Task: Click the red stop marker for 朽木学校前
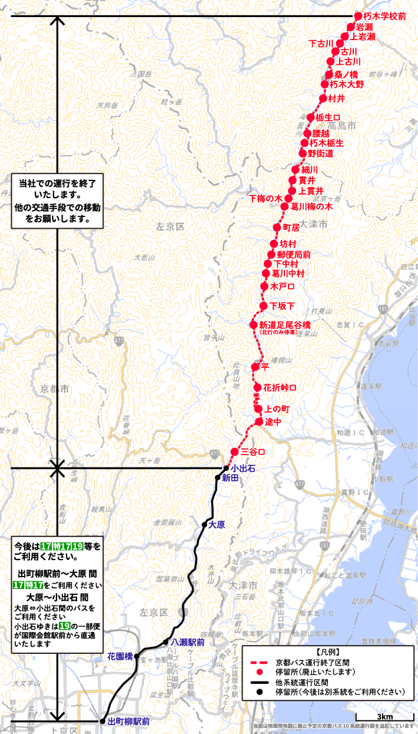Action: click(358, 17)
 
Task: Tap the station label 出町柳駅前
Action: click(129, 721)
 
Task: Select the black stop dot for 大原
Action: click(204, 524)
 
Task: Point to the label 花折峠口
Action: click(280, 388)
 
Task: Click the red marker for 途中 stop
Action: click(259, 422)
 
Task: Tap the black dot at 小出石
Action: click(225, 468)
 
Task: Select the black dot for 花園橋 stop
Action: click(137, 656)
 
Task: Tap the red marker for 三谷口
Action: click(234, 452)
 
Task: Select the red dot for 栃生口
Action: click(311, 117)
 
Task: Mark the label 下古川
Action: click(321, 44)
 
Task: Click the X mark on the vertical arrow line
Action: click(57, 469)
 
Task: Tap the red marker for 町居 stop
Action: click(278, 227)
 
